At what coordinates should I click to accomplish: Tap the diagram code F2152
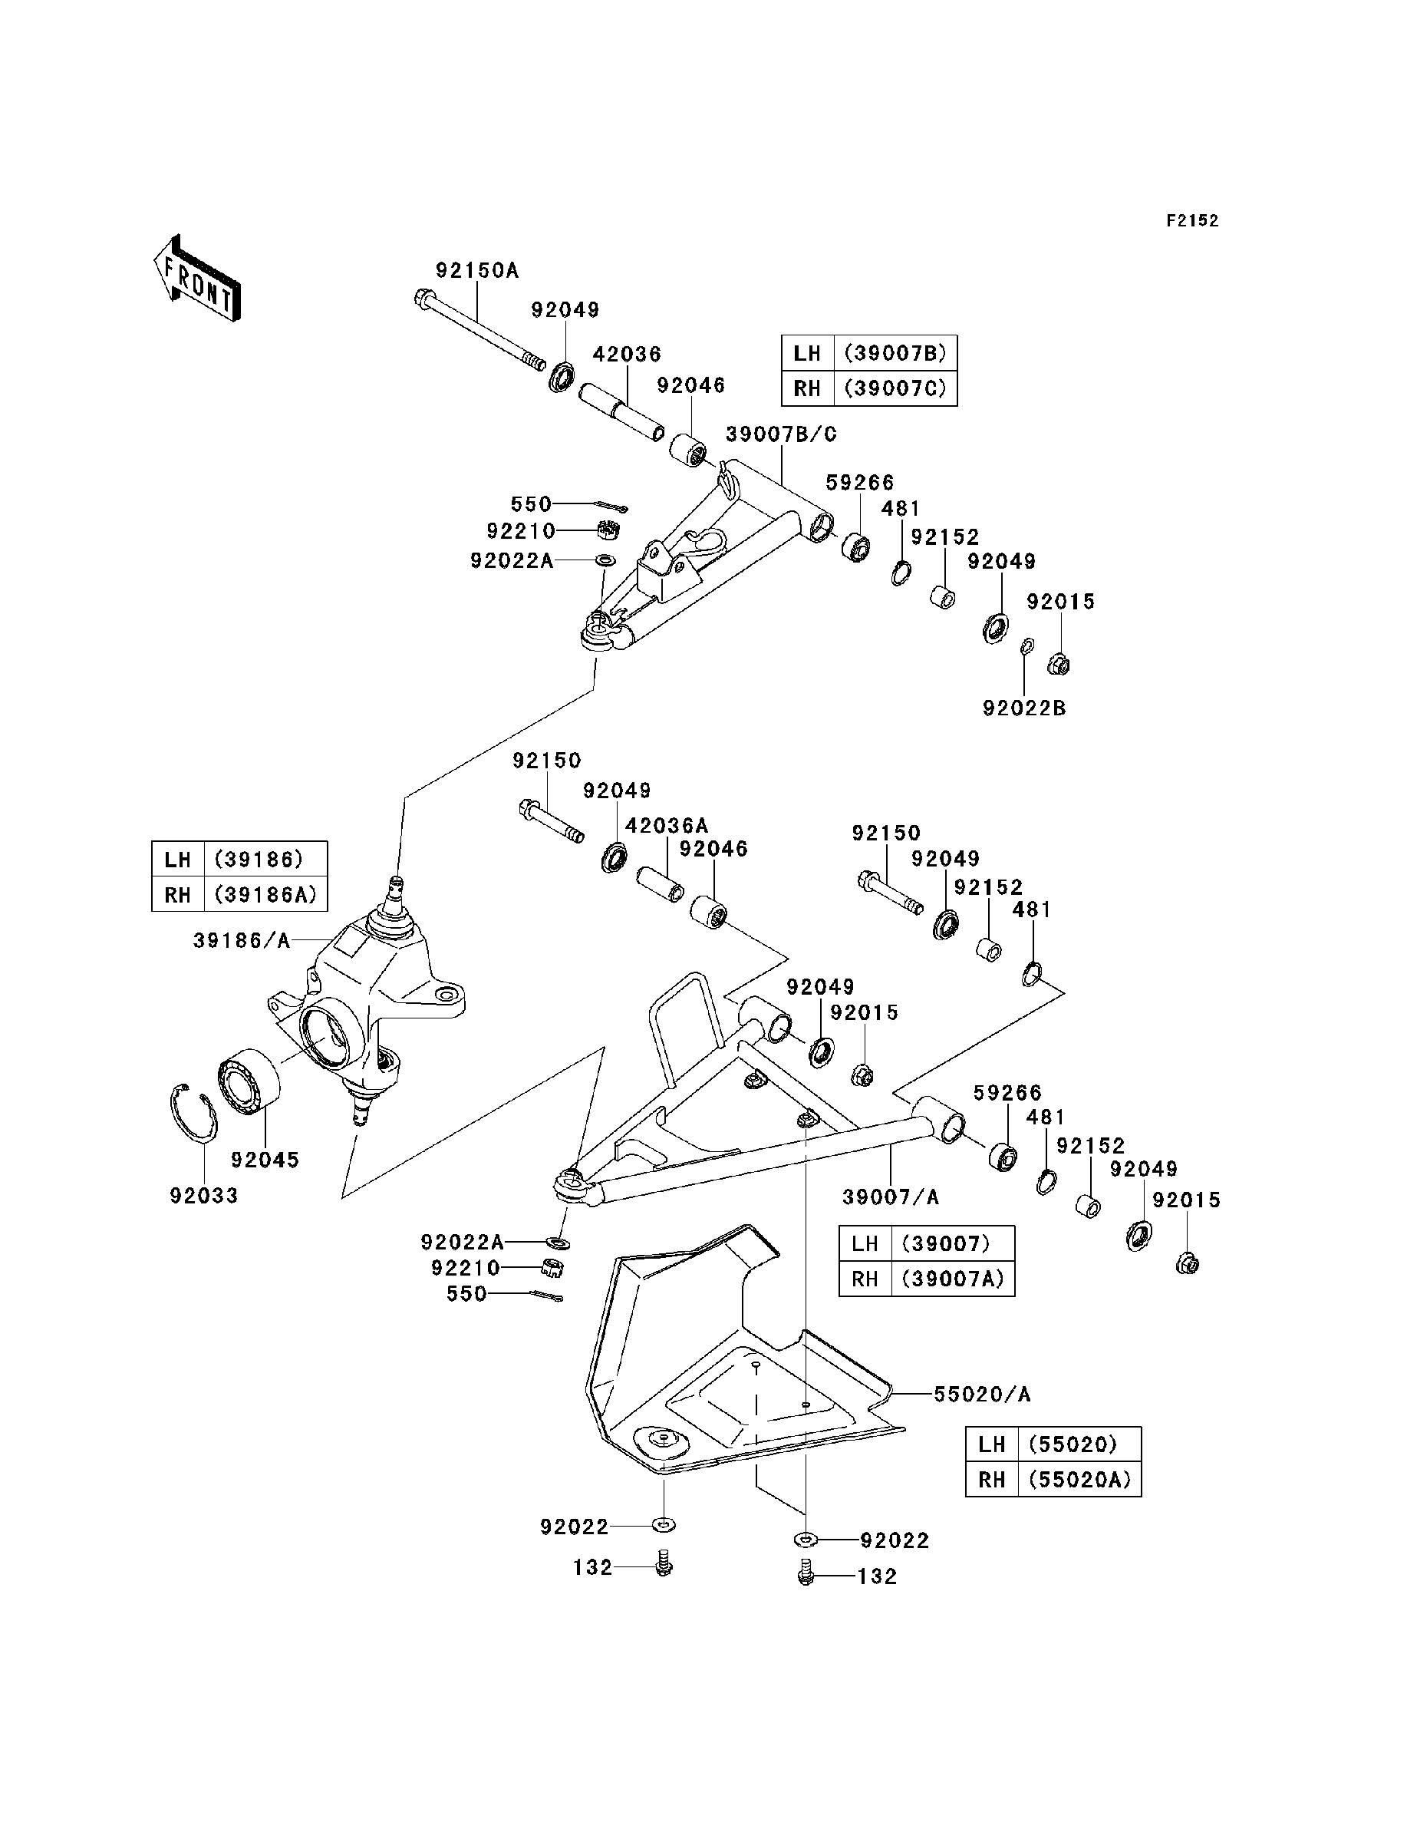[x=1194, y=221]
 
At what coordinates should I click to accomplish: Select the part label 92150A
[x=477, y=271]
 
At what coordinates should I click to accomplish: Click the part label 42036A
[x=667, y=825]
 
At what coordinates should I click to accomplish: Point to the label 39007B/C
[x=782, y=434]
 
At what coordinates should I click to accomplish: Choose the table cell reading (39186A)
[x=265, y=895]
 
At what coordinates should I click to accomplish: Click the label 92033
[x=204, y=1195]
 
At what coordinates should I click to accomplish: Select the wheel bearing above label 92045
[x=249, y=1082]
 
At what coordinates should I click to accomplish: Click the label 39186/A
[x=242, y=941]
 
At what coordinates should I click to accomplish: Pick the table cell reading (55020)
[x=1079, y=1444]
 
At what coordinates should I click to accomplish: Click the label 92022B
[x=1024, y=708]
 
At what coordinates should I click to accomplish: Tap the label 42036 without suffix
[x=628, y=355]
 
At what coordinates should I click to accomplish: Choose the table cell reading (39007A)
[x=953, y=1279]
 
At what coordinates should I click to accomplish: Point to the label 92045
[x=265, y=1160]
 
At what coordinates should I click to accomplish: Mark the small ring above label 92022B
[x=1026, y=645]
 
